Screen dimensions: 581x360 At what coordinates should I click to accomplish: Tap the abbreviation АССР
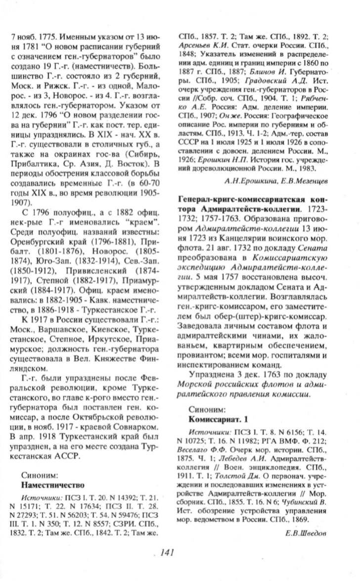coord(67,455)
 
